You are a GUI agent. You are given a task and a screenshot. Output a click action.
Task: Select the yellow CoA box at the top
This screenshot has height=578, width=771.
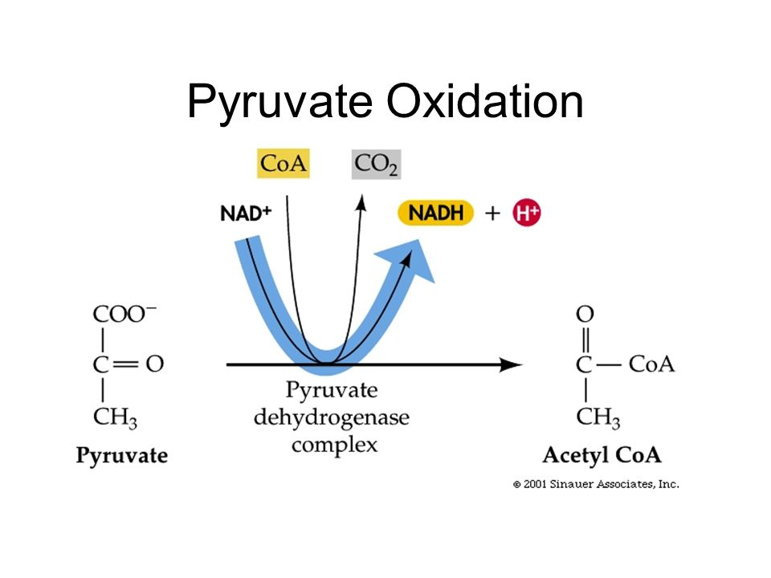(x=283, y=165)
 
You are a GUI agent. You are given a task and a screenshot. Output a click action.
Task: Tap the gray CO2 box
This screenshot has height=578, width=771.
(x=376, y=165)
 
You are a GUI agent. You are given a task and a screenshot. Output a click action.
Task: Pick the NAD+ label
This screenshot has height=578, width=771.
(x=245, y=214)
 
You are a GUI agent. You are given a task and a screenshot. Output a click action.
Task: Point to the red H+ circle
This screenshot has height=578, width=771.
(x=526, y=214)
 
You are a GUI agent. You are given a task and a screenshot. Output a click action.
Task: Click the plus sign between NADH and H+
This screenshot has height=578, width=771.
(x=492, y=214)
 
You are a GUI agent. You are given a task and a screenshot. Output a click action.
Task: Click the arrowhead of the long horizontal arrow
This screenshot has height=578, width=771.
(x=510, y=365)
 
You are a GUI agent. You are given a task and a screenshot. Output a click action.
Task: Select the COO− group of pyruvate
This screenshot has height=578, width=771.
(x=125, y=313)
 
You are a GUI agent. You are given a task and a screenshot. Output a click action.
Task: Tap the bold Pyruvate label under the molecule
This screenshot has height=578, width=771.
(x=122, y=456)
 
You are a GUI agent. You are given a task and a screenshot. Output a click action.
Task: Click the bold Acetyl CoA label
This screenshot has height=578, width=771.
(x=602, y=455)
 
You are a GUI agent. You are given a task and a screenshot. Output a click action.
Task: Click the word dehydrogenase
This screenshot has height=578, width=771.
(x=332, y=417)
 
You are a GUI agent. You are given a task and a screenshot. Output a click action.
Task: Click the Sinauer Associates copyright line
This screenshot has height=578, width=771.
(x=597, y=484)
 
